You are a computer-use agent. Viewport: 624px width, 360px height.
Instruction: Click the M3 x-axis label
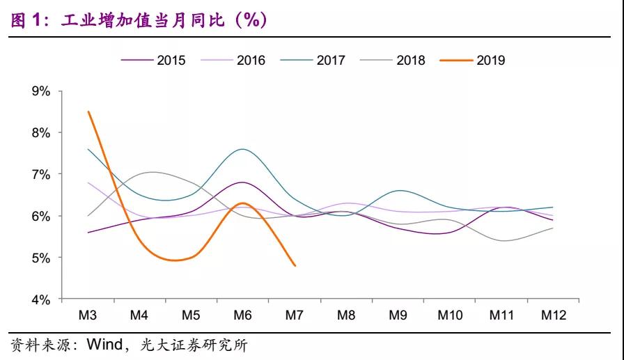tap(88, 315)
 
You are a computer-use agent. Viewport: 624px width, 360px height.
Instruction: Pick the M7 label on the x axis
tap(295, 315)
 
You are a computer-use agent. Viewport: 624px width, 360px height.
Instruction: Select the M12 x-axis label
tap(553, 315)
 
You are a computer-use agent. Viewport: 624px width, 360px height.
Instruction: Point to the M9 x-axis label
tap(398, 315)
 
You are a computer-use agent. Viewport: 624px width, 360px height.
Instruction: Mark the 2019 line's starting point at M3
tap(88, 111)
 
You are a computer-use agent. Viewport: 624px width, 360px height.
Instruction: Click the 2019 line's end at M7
tap(295, 265)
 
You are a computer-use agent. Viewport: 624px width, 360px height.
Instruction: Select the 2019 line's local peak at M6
tap(242, 203)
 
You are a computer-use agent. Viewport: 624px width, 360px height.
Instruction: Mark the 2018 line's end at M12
tap(553, 228)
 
